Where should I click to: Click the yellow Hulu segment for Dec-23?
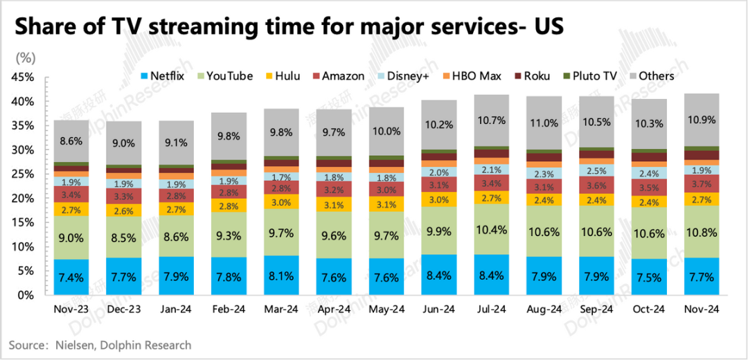click(124, 210)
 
